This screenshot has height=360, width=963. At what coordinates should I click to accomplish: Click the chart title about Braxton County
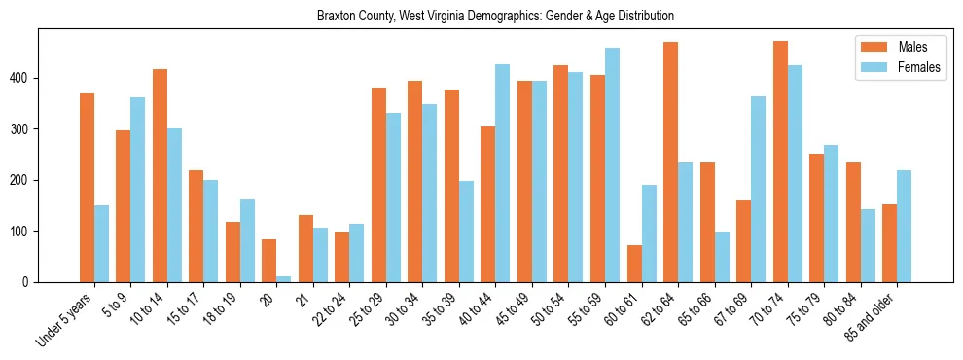pos(495,16)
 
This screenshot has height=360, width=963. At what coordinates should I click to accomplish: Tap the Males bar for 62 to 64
pos(670,162)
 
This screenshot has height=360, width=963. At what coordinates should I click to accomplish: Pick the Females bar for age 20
pos(283,279)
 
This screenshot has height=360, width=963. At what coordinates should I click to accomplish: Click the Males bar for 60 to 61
pos(634,264)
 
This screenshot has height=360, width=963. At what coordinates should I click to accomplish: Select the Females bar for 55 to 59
pos(612,164)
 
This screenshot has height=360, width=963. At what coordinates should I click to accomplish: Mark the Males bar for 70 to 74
pos(780,162)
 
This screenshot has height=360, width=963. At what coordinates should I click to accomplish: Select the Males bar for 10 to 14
pos(160,175)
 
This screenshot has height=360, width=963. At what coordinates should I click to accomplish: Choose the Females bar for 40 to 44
pos(503,173)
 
